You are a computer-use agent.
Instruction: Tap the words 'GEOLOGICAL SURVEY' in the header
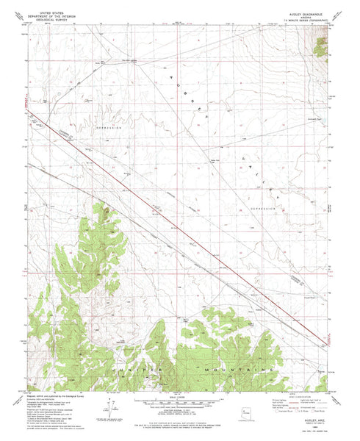[x=49, y=12]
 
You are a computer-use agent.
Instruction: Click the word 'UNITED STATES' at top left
[x=49, y=4]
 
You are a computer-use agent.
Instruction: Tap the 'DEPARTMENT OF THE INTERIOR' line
[x=49, y=8]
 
